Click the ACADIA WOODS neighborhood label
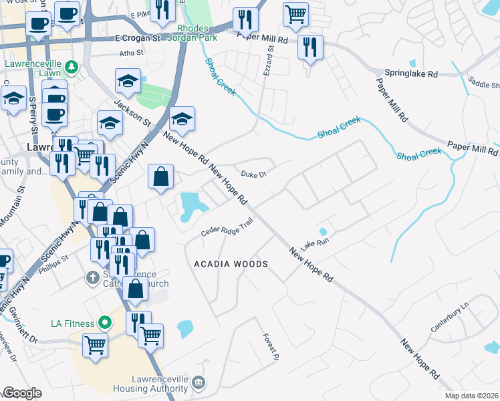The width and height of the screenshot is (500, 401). [x=231, y=264]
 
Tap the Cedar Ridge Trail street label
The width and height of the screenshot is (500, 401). [x=227, y=229]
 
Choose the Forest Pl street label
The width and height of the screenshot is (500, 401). [x=269, y=347]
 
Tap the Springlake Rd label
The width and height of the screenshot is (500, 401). [x=410, y=73]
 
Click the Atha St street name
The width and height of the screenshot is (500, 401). [x=131, y=52]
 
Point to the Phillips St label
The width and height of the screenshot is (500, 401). [x=55, y=258]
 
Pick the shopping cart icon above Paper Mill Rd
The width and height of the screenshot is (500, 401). [x=295, y=13]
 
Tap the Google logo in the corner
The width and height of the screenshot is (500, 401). [x=22, y=393]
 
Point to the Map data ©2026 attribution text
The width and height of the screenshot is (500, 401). [x=471, y=396]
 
